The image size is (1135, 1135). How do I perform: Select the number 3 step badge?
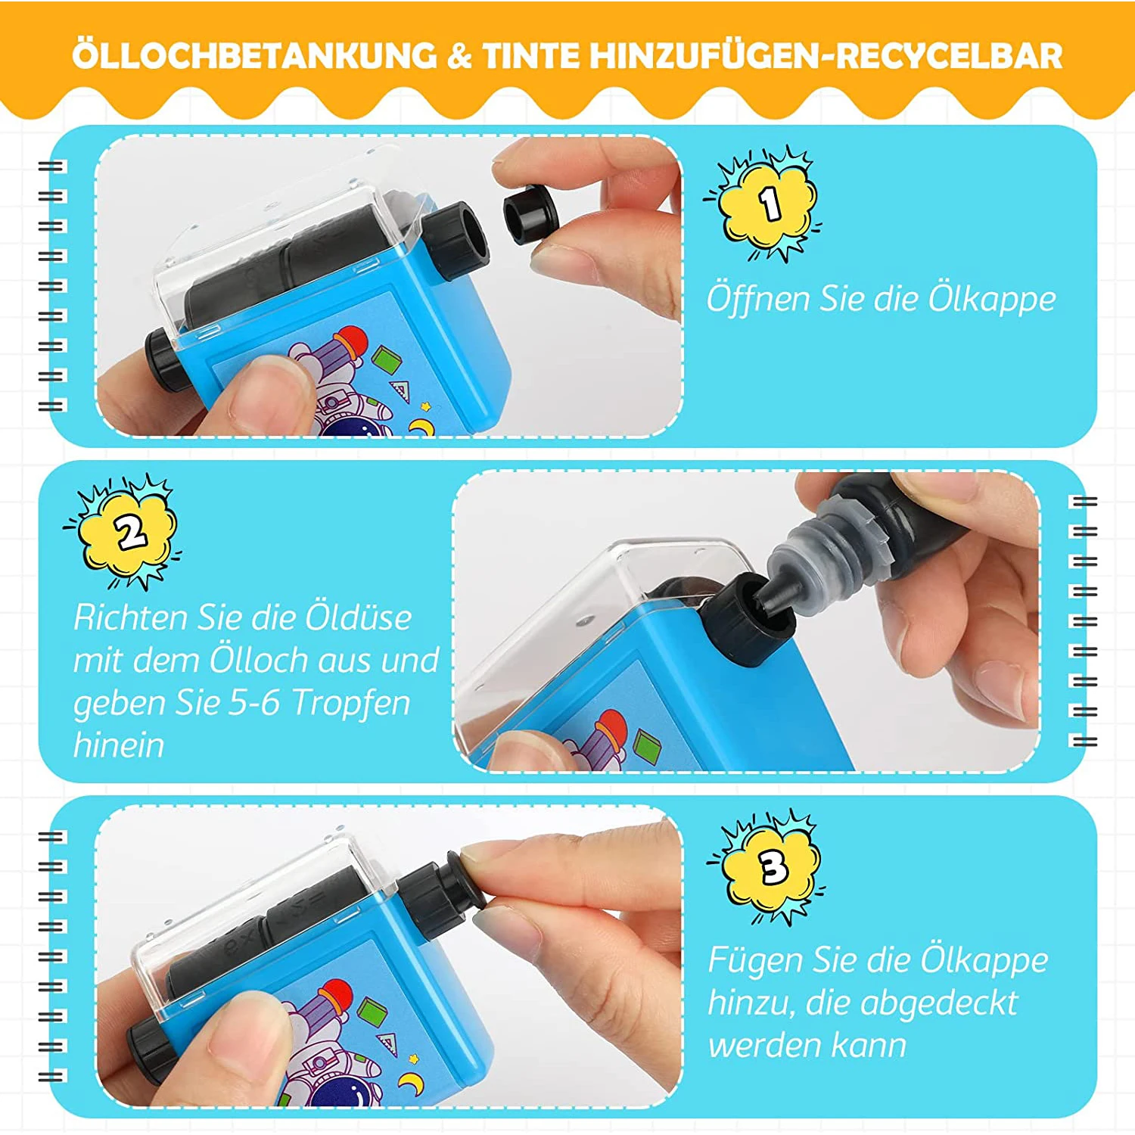773,867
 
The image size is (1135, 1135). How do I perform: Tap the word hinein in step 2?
119,745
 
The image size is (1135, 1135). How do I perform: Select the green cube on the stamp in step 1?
388,359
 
